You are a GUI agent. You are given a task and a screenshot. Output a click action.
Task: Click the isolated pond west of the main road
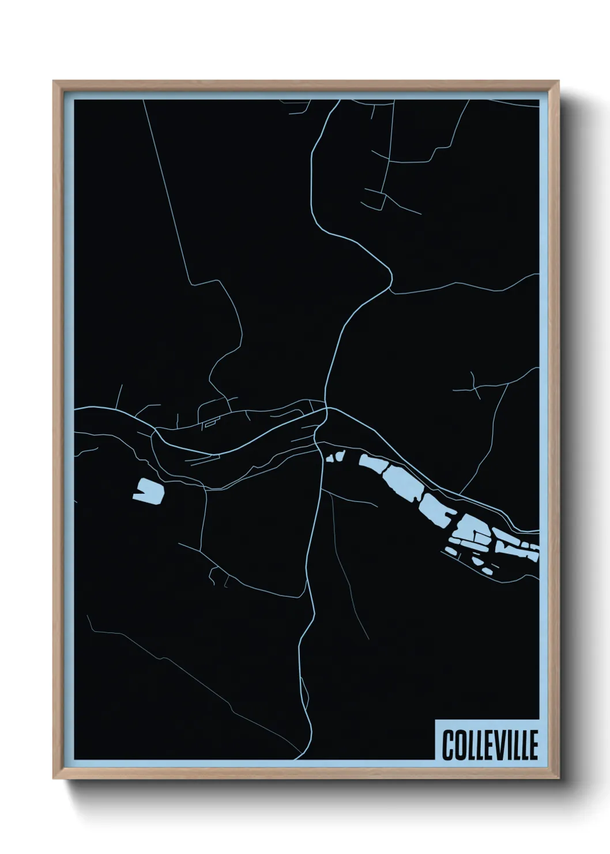(148, 492)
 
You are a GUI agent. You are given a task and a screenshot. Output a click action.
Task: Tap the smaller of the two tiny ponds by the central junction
(331, 459)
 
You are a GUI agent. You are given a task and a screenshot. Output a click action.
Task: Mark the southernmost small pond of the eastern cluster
(488, 571)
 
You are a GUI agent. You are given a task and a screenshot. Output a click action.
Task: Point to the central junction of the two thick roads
(326, 409)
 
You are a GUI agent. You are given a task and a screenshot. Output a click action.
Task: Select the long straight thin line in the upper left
(167, 190)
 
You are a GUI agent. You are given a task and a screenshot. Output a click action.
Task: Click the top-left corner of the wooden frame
(54, 82)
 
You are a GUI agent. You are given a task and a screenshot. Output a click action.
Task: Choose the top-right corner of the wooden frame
(558, 82)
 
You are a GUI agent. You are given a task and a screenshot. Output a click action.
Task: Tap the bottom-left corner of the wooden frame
(54, 778)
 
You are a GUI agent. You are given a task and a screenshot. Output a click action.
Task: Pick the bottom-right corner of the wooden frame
(558, 778)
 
